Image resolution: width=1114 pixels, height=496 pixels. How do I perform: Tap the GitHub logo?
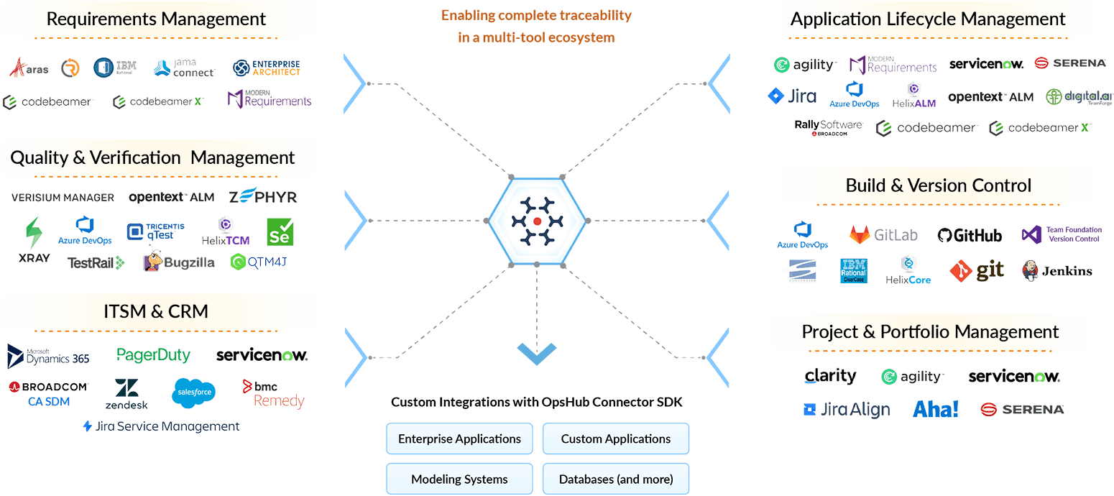(970, 235)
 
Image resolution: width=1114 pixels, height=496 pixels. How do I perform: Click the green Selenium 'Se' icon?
(280, 232)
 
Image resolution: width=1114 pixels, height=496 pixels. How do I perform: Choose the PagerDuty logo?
(153, 355)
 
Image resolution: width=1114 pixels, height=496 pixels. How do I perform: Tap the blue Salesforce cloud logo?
(193, 392)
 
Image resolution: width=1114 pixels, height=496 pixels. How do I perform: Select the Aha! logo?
(935, 409)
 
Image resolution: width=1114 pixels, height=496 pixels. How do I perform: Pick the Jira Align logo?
(846, 410)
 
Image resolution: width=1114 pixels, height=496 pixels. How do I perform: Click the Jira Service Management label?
(161, 426)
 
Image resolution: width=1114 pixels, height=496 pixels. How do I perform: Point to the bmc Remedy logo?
(273, 394)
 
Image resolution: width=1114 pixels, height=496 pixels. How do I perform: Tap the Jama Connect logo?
(185, 68)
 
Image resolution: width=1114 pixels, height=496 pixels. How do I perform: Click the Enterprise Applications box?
(459, 438)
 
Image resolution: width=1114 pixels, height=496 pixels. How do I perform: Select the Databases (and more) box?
(615, 479)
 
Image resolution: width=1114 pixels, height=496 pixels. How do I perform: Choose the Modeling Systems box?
(459, 479)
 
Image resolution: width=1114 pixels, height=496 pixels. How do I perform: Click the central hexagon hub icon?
(537, 221)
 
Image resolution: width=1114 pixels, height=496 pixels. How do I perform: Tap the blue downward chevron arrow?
(536, 352)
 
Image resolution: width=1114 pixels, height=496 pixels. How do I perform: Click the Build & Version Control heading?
(938, 185)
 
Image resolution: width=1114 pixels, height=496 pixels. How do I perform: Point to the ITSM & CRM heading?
(156, 311)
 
